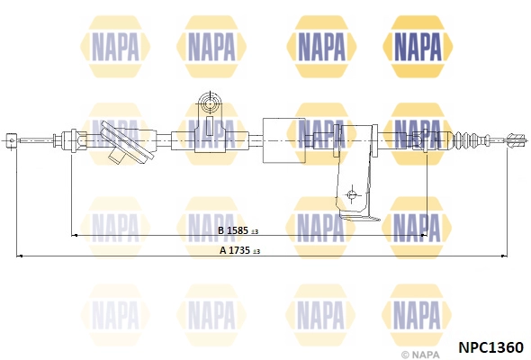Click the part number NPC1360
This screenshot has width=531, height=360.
pyautogui.click(x=490, y=347)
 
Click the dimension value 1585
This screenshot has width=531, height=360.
pyautogui.click(x=238, y=230)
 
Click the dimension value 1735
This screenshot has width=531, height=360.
pyautogui.click(x=239, y=250)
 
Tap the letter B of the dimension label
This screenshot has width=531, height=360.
pyautogui.click(x=221, y=230)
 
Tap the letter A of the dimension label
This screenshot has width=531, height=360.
pyautogui.click(x=223, y=250)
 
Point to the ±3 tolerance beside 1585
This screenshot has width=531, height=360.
pyautogui.click(x=255, y=231)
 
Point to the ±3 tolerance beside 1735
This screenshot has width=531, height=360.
pyautogui.click(x=256, y=252)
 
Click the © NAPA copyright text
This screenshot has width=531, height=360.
pyautogui.click(x=419, y=355)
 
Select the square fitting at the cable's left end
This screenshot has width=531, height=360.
pyautogui.click(x=11, y=140)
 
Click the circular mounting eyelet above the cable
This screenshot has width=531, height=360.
pyautogui.click(x=211, y=102)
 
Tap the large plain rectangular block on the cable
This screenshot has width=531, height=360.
pyautogui.click(x=283, y=140)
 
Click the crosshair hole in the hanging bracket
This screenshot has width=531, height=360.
pyautogui.click(x=352, y=194)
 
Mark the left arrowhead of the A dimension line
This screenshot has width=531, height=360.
pyautogui.click(x=20, y=256)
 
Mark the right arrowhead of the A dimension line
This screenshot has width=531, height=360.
pyautogui.click(x=504, y=256)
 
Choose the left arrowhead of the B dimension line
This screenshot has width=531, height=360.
pyautogui.click(x=75, y=235)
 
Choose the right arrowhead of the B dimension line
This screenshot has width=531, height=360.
pyautogui.click(x=424, y=235)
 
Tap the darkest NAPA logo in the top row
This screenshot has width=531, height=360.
pyautogui.click(x=418, y=47)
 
